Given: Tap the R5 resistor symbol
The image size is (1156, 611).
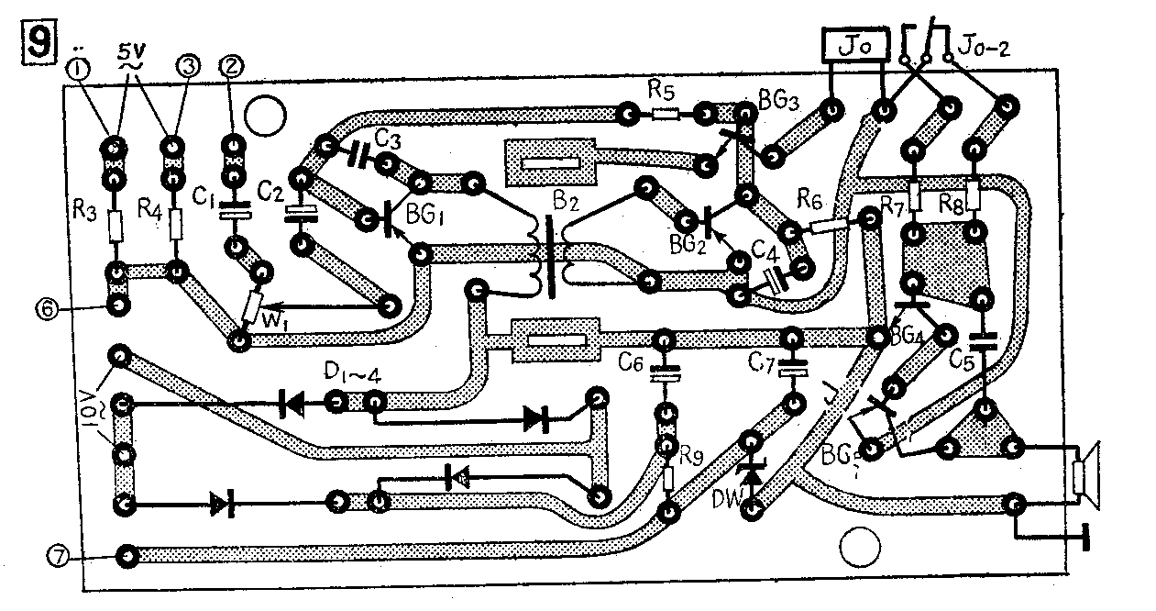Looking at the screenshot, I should point(665,115).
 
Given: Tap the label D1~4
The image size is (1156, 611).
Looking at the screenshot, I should point(348,374).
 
